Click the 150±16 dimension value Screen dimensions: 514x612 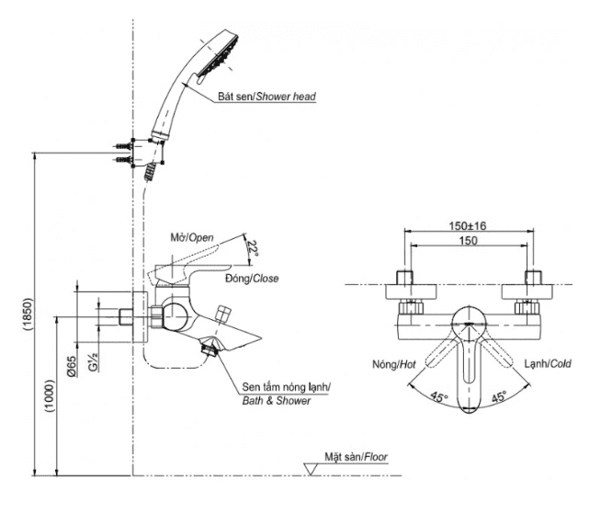468,225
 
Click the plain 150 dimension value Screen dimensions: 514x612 469,241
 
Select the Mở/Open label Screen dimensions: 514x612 193,237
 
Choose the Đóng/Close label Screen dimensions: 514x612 251,278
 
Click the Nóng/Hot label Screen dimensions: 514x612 394,363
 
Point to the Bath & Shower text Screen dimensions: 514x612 276,400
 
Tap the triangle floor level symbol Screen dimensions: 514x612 312,469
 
